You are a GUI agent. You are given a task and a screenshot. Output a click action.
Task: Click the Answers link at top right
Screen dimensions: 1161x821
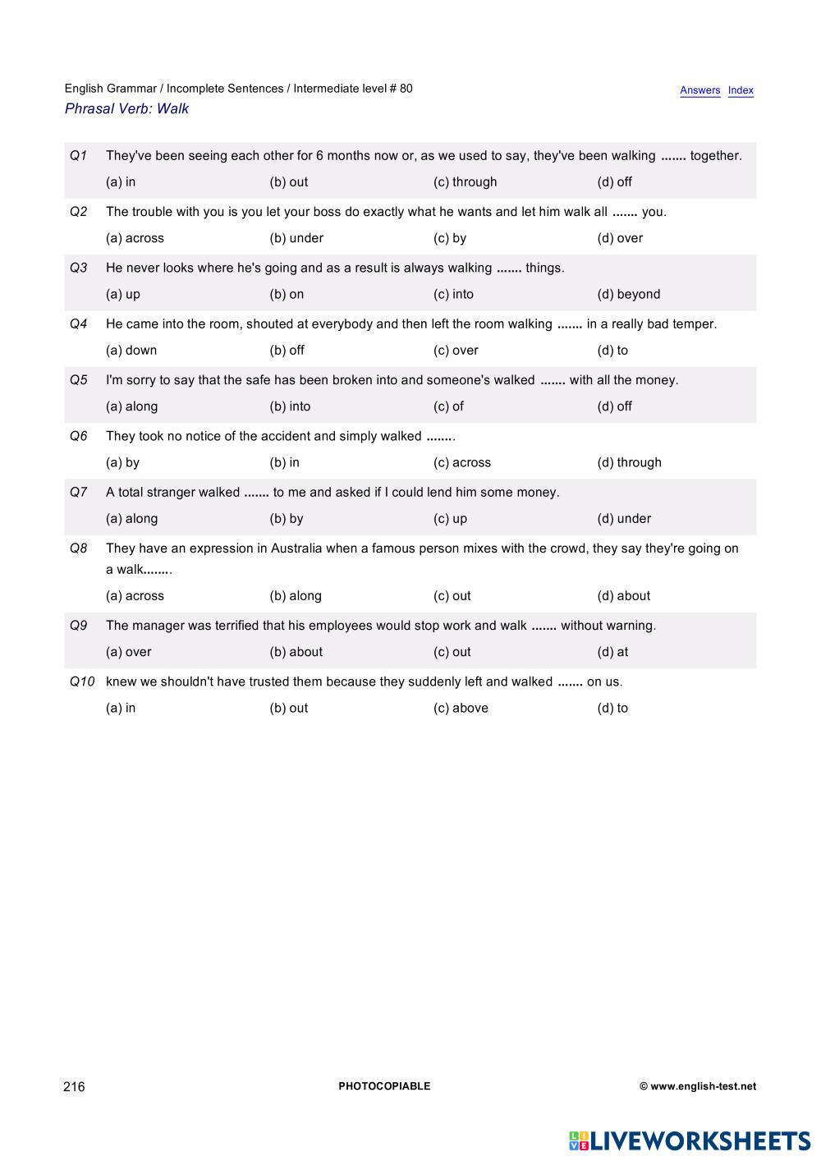(699, 90)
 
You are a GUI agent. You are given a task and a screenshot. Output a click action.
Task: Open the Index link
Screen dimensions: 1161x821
(741, 90)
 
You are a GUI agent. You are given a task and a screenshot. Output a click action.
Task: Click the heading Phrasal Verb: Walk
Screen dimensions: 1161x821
(126, 108)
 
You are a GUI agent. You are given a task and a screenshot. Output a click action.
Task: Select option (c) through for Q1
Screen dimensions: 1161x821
(465, 182)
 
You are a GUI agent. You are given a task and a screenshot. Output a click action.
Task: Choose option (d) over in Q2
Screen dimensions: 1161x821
(620, 238)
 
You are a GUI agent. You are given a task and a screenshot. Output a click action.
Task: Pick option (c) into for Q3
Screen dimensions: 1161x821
(453, 294)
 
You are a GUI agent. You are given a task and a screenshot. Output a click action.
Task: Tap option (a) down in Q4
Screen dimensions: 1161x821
(131, 351)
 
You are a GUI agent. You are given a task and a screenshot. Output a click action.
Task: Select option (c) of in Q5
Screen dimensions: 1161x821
(448, 406)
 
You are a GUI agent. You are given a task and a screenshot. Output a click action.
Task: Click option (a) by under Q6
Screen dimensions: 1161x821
(122, 462)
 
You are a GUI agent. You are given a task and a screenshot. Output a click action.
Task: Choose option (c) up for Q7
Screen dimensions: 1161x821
(450, 519)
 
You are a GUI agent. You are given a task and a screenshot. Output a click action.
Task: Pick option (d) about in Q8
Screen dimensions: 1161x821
(623, 596)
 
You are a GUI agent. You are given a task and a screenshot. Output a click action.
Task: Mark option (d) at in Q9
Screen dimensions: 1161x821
(612, 652)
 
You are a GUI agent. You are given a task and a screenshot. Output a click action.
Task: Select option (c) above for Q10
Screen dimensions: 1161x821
(461, 709)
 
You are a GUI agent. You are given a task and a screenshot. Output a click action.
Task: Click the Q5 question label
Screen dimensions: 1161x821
(79, 380)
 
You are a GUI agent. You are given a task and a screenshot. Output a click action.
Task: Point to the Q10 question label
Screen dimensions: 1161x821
(82, 681)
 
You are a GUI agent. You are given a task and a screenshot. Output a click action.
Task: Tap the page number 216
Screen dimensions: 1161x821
(74, 1087)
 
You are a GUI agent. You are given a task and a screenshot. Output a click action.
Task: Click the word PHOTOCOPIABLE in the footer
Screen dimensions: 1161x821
(384, 1086)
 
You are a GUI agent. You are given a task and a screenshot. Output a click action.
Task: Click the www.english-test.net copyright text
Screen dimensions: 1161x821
(698, 1086)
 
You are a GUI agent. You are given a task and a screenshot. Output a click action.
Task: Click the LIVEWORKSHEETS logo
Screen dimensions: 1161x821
(690, 1140)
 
